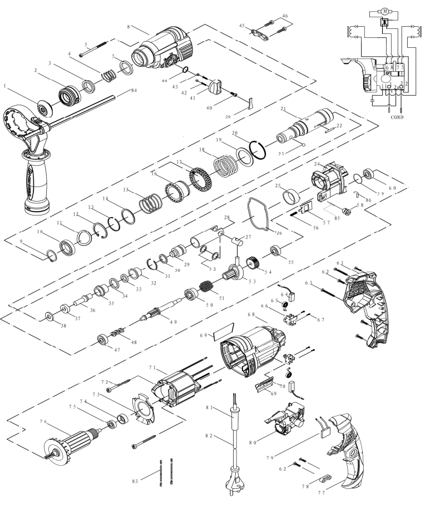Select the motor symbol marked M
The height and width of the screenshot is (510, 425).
click(384, 11)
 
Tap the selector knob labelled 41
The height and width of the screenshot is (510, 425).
click(215, 87)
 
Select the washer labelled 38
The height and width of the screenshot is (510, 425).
click(50, 317)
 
